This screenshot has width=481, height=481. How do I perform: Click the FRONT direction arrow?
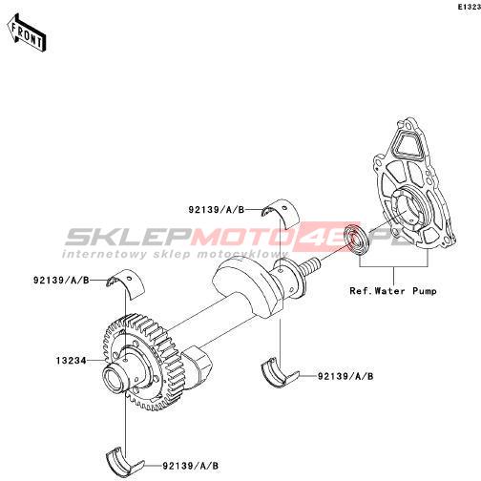click(27, 32)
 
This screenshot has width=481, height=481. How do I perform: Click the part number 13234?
click(72, 361)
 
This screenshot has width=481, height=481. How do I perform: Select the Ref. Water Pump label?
click(393, 291)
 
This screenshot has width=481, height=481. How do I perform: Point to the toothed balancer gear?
click(140, 361)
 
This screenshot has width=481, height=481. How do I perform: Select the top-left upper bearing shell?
click(126, 283)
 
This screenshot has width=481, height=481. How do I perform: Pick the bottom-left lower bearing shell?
click(125, 461)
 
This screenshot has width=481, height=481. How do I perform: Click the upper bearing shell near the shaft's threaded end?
click(281, 214)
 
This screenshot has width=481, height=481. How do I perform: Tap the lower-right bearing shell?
click(280, 372)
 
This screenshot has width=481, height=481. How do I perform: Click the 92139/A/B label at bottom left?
click(191, 466)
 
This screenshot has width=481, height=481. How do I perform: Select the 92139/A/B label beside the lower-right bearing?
click(345, 376)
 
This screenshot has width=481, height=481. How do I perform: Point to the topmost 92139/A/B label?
click(217, 210)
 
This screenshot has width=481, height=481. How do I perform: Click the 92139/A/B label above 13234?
click(61, 281)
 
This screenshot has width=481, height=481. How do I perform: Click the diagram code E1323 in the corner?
click(470, 7)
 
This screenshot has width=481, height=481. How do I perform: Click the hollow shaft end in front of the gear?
click(115, 380)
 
